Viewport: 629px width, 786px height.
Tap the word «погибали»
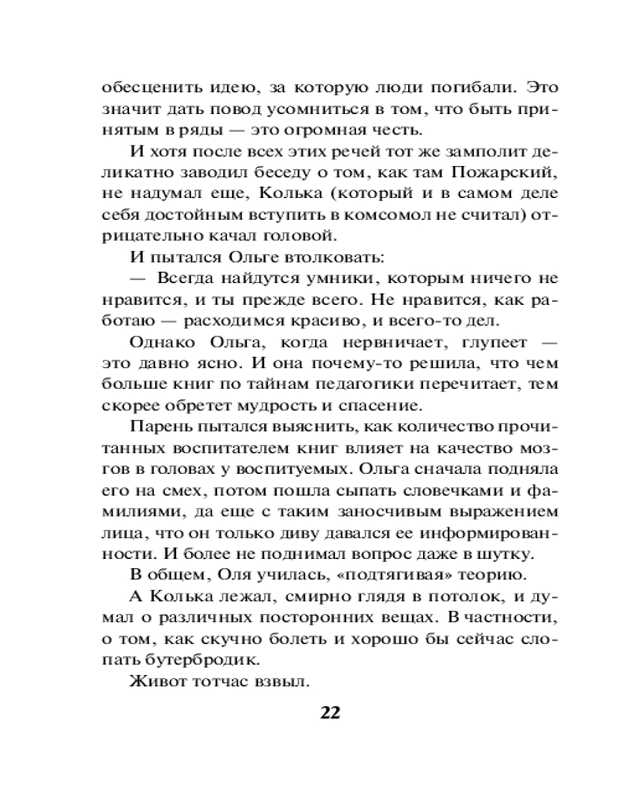469,87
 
